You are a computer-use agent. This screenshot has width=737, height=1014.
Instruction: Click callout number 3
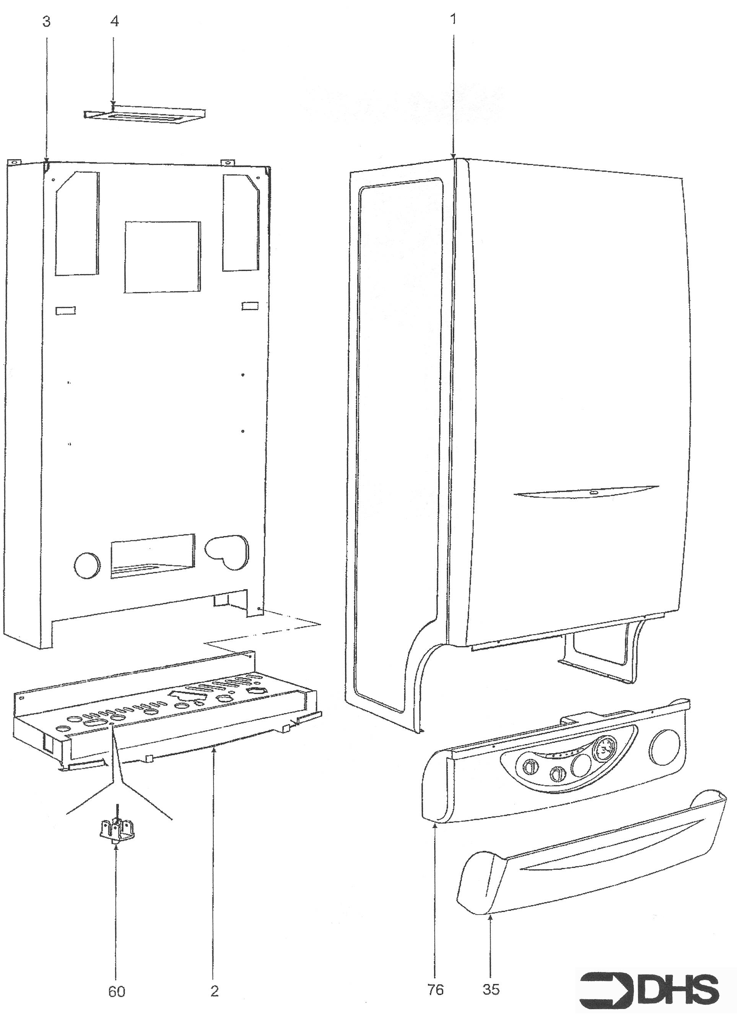pos(47,21)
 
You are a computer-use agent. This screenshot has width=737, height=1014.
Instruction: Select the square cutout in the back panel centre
pos(163,257)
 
